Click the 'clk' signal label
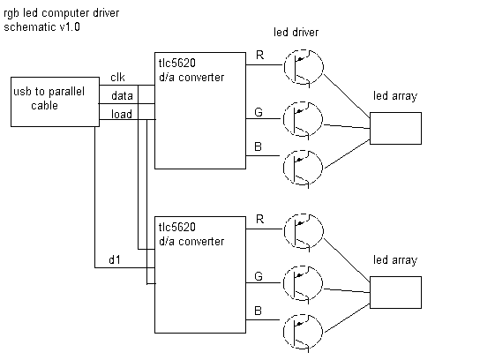(x=117, y=77)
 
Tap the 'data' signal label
(x=122, y=96)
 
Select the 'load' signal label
(x=122, y=114)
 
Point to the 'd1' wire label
(x=115, y=260)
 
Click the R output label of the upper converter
(x=259, y=55)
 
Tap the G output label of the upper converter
(x=259, y=112)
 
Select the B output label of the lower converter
(x=258, y=311)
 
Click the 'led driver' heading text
(x=296, y=32)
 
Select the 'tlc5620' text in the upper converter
(x=177, y=63)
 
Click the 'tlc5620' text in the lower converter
(x=177, y=227)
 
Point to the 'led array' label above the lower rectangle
(x=395, y=260)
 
